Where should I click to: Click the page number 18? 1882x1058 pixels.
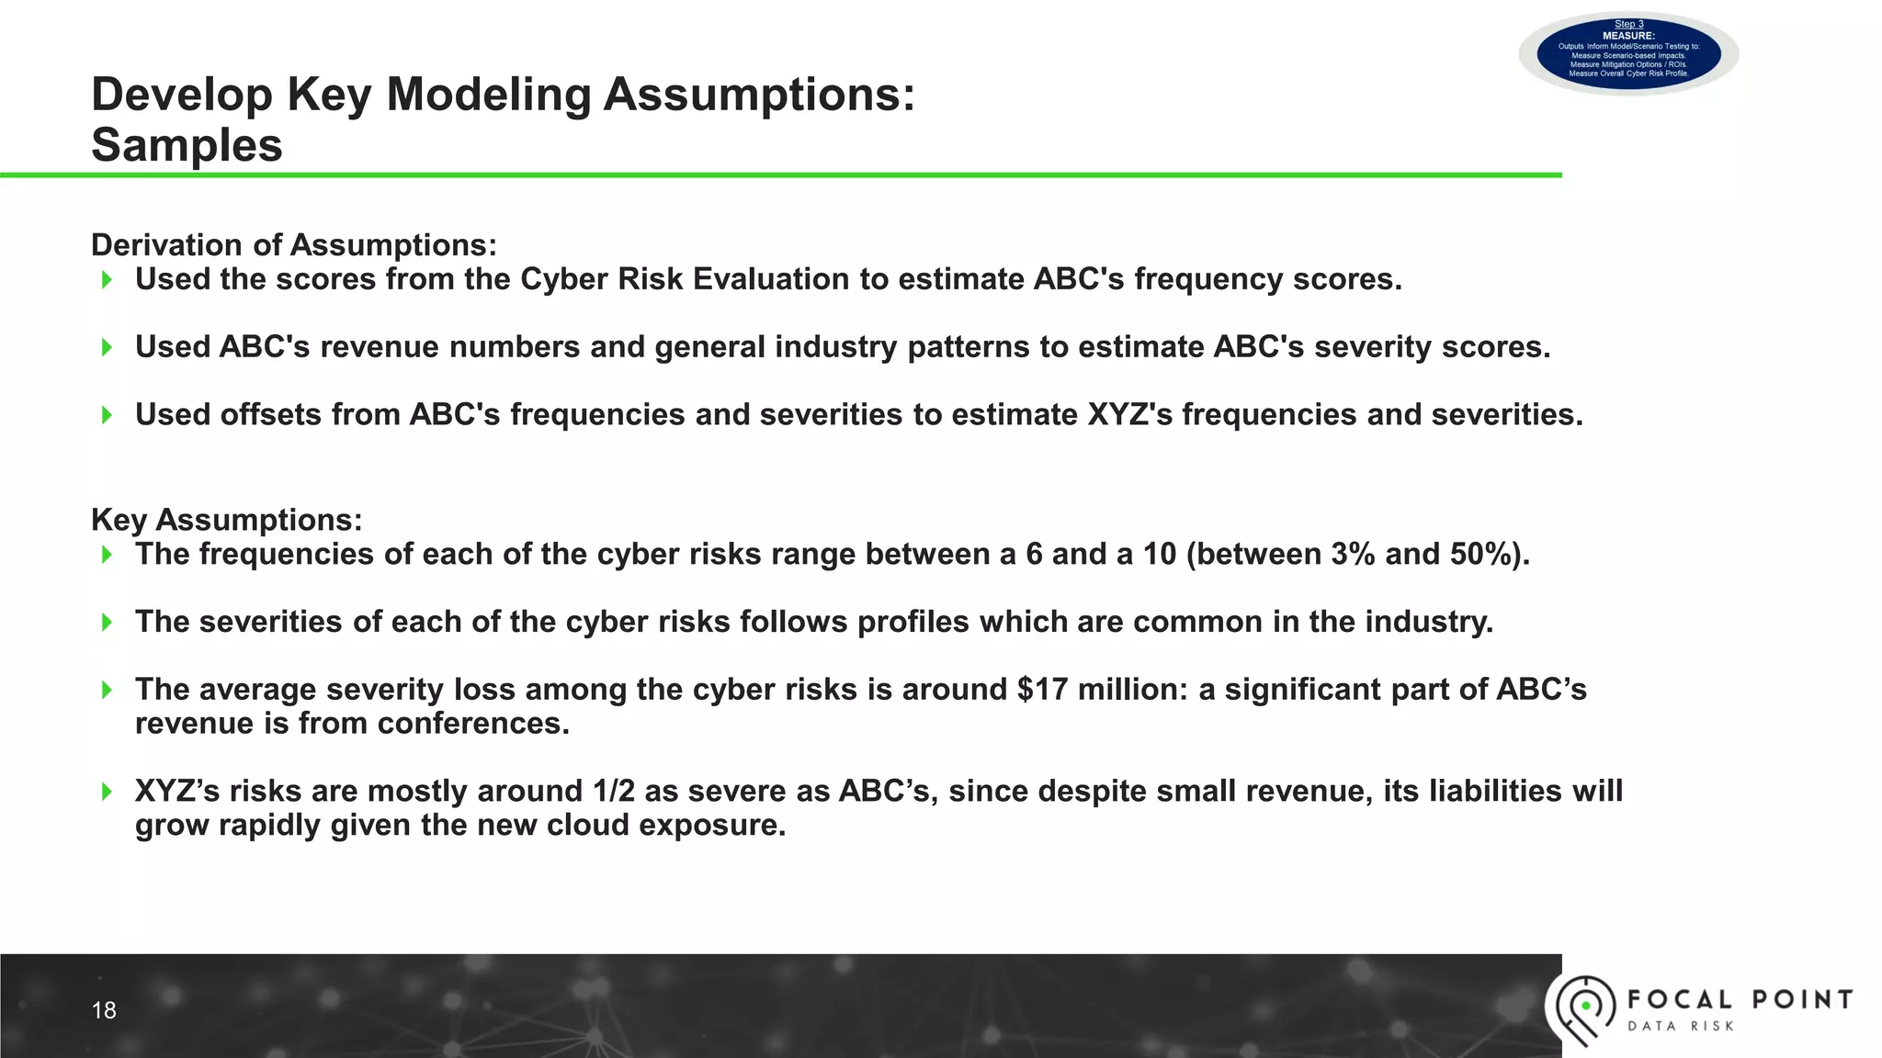coord(104,1010)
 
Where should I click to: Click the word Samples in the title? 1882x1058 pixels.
coord(187,145)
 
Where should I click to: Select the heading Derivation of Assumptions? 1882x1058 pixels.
coord(294,245)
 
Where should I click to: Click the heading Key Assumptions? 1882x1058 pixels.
coord(227,520)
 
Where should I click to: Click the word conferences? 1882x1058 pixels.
coord(473,724)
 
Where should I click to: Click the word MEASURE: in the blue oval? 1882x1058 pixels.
coord(1628,36)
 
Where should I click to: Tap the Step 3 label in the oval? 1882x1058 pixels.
coord(1628,25)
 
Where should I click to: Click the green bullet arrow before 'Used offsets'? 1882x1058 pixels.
coord(108,415)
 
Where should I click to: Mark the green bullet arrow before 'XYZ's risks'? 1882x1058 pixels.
coord(108,791)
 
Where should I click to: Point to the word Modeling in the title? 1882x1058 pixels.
coord(488,95)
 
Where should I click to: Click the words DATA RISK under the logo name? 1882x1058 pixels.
coord(1680,1026)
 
